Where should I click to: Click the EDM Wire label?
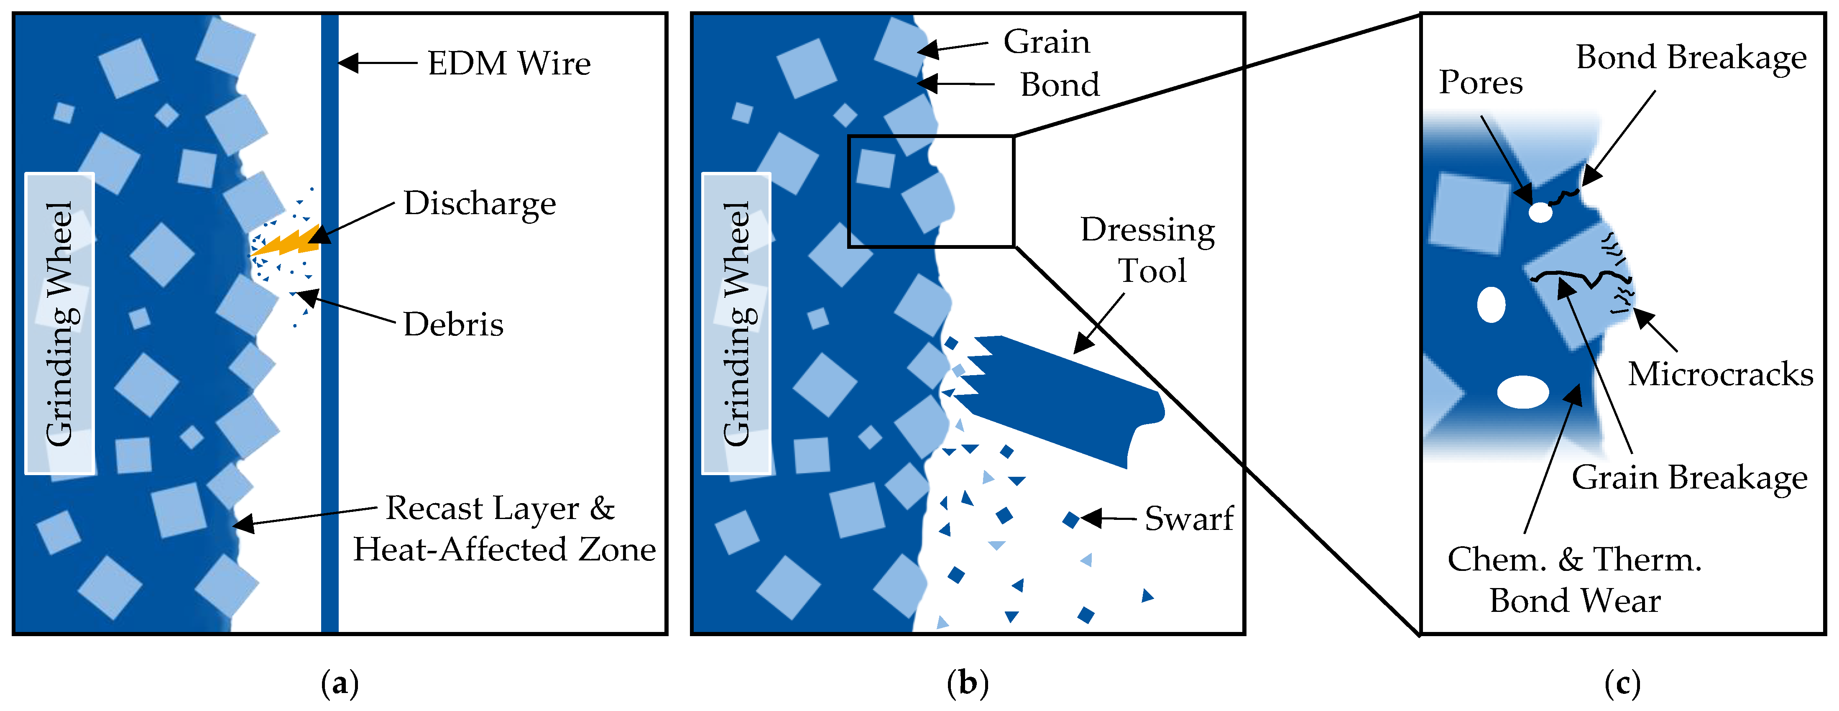click(509, 64)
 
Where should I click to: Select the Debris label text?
click(453, 325)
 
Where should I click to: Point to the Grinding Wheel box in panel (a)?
click(60, 323)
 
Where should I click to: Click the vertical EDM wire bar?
click(330, 322)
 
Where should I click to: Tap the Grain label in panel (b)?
click(1047, 43)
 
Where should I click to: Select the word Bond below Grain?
click(1060, 85)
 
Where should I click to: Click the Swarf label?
click(1189, 519)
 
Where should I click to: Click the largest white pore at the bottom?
click(1523, 392)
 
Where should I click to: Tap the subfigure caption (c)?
click(1622, 684)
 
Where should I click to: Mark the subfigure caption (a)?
click(340, 684)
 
